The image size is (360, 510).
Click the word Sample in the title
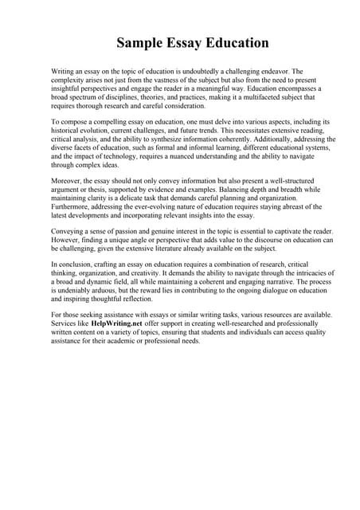pos(138,42)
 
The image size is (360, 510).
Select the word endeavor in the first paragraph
pos(274,72)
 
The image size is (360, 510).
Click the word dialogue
pos(288,290)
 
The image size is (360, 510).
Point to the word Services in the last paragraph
pos(66,325)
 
